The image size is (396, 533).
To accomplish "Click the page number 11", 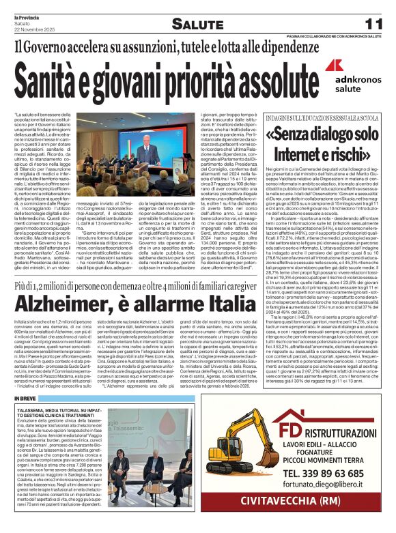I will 374,24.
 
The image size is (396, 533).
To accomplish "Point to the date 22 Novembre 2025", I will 31,27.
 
